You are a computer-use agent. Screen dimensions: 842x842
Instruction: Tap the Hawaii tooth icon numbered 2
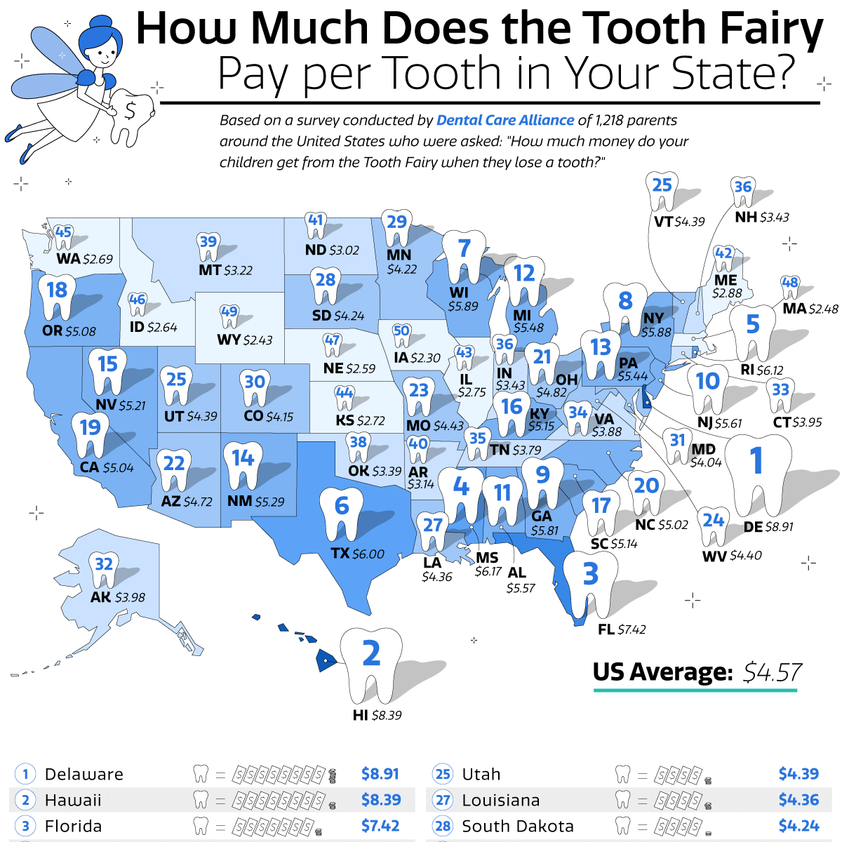tap(370, 664)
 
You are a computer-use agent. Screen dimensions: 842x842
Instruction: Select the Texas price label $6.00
tap(368, 554)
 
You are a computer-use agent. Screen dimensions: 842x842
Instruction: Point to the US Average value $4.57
tap(772, 672)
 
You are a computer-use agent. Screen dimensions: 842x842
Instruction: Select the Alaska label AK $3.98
tap(117, 597)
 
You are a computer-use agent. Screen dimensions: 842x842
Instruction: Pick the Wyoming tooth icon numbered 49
tap(229, 315)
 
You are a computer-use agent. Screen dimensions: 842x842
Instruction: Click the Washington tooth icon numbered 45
tap(63, 236)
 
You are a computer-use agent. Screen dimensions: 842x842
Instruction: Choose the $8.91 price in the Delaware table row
tap(380, 773)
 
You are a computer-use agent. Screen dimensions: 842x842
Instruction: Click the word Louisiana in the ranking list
tap(500, 800)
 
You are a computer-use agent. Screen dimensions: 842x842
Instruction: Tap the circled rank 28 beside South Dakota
tap(443, 826)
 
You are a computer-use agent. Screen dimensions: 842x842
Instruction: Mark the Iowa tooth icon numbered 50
tap(401, 335)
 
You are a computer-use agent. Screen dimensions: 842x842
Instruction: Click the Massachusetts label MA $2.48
tap(810, 308)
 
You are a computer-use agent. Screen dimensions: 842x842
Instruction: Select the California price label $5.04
tap(118, 467)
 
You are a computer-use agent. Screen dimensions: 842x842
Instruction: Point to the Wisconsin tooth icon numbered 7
tap(463, 257)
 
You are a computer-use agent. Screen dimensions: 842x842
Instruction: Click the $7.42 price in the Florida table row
tap(380, 826)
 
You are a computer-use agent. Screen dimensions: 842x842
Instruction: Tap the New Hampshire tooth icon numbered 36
tap(743, 192)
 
